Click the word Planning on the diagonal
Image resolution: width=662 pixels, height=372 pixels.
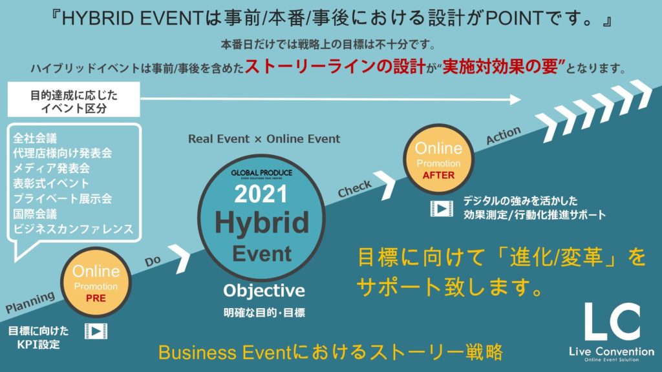pos(30,302)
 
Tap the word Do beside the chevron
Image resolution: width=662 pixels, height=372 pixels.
pos(153,261)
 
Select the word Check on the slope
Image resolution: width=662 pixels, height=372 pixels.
pos(355,189)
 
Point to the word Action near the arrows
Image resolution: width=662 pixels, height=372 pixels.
pos(503,135)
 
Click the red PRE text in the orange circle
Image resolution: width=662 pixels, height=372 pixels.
pos(96,298)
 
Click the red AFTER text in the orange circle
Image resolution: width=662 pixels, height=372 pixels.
pos(439,175)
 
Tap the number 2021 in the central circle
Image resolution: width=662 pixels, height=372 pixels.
pos(261,194)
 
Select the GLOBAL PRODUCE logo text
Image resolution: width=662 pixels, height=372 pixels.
pos(261,172)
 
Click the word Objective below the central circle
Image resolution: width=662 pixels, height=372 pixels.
pos(264,291)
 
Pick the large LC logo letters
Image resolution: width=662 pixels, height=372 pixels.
pos(612,322)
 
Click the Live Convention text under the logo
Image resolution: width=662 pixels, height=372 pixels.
pos(612,351)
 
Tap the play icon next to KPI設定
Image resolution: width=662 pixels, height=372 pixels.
pos(96,331)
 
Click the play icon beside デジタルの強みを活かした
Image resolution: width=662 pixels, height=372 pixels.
pos(442,209)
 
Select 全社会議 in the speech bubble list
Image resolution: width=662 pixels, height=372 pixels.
pos(35,138)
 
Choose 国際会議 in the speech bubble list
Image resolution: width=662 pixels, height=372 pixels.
pos(35,214)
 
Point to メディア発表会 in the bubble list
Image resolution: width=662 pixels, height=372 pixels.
pos(52,169)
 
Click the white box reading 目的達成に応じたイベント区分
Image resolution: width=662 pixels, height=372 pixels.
pos(74,99)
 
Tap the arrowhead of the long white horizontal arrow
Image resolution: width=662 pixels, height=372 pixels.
pos(515,99)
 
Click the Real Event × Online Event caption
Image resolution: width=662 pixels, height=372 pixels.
pos(264,139)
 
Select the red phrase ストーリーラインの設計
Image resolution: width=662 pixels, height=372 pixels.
pos(335,67)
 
